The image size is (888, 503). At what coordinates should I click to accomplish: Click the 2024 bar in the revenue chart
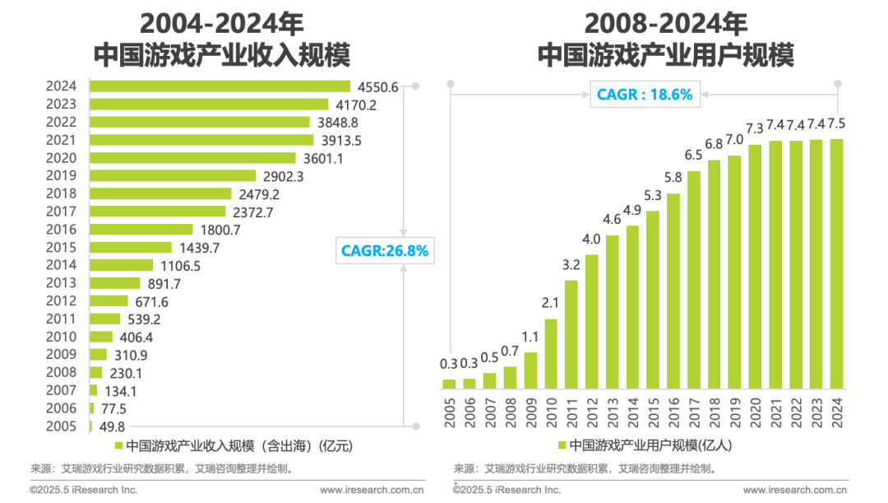[220, 86]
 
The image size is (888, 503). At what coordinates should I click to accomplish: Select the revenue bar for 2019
[173, 176]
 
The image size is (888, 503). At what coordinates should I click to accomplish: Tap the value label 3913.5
[340, 141]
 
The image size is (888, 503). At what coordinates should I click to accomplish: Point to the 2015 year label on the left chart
[61, 247]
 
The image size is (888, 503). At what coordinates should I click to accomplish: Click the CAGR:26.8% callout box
[385, 250]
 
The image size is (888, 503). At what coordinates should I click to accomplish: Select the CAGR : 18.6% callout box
[644, 95]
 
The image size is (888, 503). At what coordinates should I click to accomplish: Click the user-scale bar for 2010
[551, 352]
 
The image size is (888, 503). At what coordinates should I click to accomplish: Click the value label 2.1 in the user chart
[551, 304]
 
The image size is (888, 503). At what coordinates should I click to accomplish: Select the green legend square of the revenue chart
[118, 445]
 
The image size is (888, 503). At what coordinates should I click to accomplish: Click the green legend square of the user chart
[562, 445]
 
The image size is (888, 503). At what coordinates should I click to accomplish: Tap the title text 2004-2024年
[221, 22]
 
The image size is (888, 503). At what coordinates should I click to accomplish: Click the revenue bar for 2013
[115, 283]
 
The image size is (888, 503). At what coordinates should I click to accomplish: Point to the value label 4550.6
[377, 86]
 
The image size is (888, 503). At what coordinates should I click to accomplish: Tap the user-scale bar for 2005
[449, 383]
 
